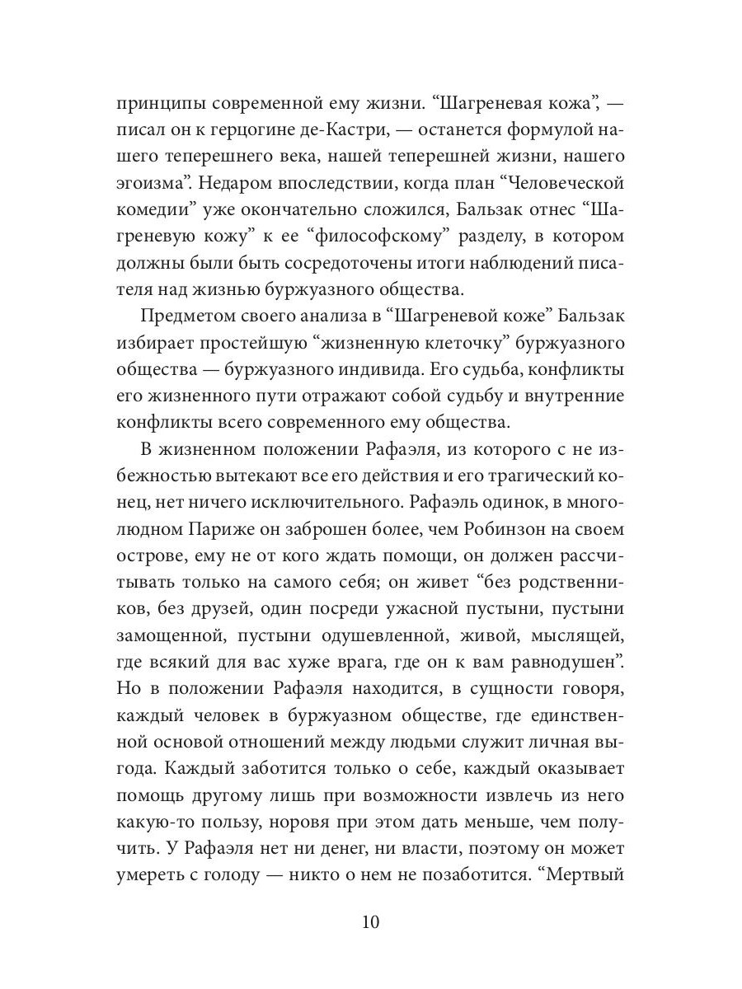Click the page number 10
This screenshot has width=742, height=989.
click(370, 921)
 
